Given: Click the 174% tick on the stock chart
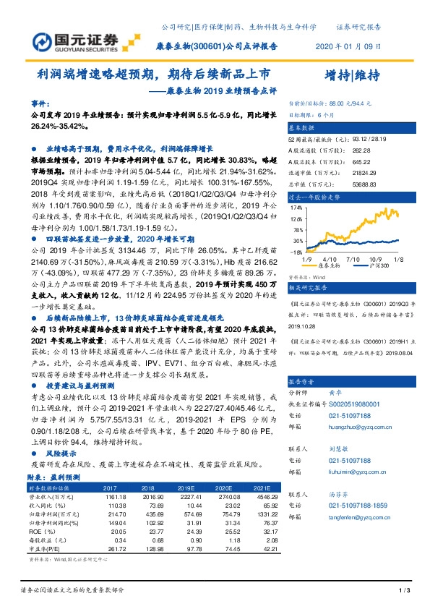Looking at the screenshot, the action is (296, 206).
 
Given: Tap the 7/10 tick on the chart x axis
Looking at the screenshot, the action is (352, 258).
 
